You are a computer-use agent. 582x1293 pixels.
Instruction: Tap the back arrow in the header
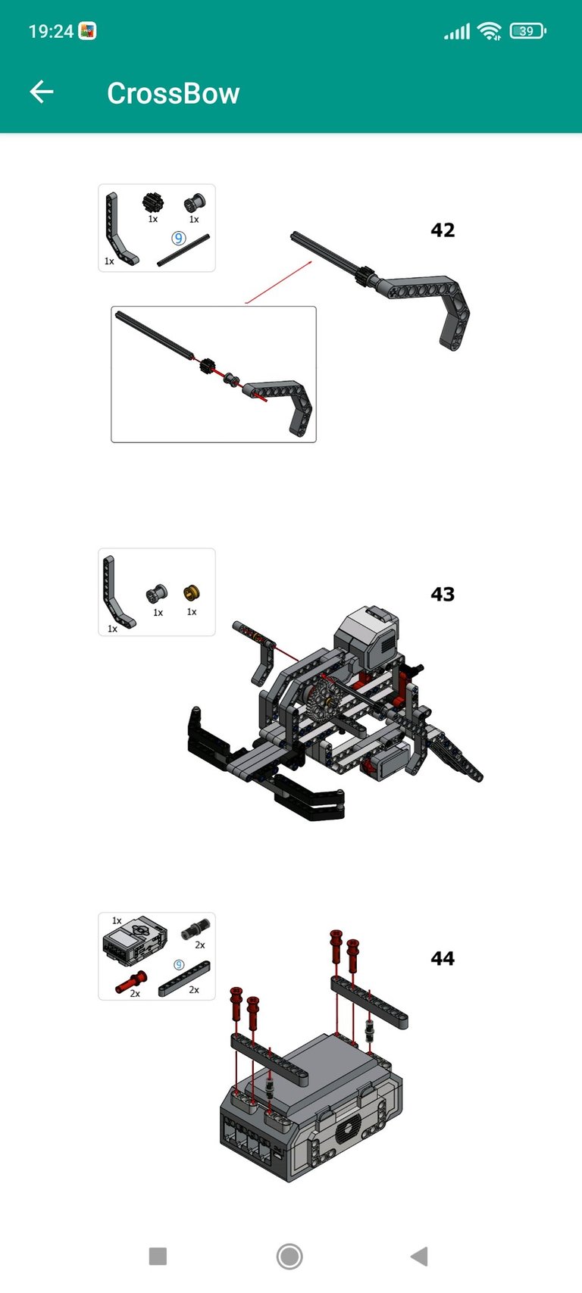click(42, 92)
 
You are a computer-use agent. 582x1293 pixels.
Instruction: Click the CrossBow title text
click(174, 93)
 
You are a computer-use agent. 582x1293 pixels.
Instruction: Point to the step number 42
click(443, 230)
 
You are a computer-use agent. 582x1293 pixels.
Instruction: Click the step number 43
click(443, 594)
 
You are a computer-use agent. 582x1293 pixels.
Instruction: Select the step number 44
click(443, 958)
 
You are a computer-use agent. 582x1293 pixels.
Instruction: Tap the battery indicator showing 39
click(527, 30)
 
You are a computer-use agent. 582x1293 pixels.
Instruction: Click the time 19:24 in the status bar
click(51, 31)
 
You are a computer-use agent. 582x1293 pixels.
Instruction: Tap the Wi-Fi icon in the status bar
click(490, 31)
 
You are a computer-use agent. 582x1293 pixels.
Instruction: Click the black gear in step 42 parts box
click(153, 203)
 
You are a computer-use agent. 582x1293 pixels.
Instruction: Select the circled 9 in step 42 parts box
click(178, 238)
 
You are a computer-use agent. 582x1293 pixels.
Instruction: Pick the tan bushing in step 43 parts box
click(191, 592)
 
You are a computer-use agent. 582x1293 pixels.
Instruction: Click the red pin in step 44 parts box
click(131, 981)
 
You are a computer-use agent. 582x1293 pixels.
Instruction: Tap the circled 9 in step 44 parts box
click(179, 965)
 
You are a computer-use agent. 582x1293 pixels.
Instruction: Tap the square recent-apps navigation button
click(158, 1256)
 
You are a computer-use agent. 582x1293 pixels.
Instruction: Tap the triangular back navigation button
click(419, 1256)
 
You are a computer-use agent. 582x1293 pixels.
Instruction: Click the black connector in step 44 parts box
click(196, 929)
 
